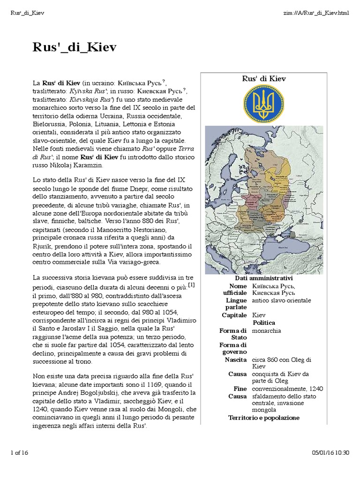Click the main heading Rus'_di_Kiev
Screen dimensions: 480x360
point(74,48)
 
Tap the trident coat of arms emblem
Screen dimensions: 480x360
point(264,104)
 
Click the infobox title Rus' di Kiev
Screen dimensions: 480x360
point(264,79)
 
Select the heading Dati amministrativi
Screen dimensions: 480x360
point(264,278)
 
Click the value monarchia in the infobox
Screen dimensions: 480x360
point(266,330)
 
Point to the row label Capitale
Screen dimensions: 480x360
point(234,315)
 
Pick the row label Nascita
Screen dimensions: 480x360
point(235,360)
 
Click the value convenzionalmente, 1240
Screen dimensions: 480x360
point(287,389)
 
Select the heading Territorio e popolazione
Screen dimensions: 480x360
point(264,418)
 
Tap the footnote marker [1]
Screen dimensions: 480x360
point(191,285)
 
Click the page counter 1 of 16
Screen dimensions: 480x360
point(19,452)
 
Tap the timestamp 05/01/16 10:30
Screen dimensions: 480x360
point(330,452)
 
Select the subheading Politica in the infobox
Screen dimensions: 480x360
point(264,323)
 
